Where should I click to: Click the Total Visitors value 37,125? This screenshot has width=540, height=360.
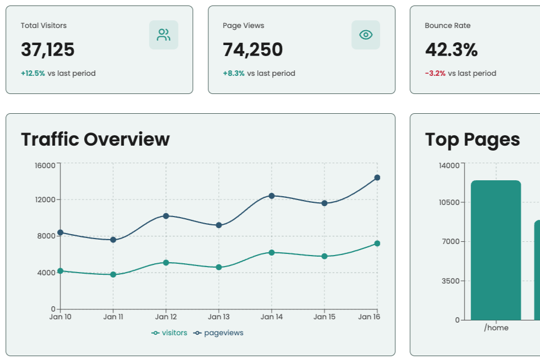point(48,50)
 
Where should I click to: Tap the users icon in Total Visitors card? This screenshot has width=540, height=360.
point(163,35)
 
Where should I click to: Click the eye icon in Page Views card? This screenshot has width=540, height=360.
point(366,35)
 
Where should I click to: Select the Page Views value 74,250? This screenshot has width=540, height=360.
point(252,50)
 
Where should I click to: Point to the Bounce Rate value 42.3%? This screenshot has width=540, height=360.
point(451,50)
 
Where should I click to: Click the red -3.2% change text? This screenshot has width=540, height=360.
point(435,74)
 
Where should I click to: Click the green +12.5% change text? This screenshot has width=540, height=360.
point(33,74)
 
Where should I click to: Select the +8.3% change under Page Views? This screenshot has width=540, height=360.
point(234,74)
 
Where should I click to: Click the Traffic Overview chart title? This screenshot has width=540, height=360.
point(95,140)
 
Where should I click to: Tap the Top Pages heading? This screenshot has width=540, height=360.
point(472,140)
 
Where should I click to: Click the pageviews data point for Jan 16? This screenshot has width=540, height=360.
point(377,178)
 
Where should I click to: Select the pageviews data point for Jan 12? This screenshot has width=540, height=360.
point(166,216)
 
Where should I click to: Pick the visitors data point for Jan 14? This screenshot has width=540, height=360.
point(272,252)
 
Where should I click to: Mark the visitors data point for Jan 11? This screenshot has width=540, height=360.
point(113,274)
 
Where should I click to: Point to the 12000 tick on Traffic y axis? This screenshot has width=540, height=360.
point(46,200)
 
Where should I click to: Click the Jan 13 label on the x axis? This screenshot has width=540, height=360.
point(219,317)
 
